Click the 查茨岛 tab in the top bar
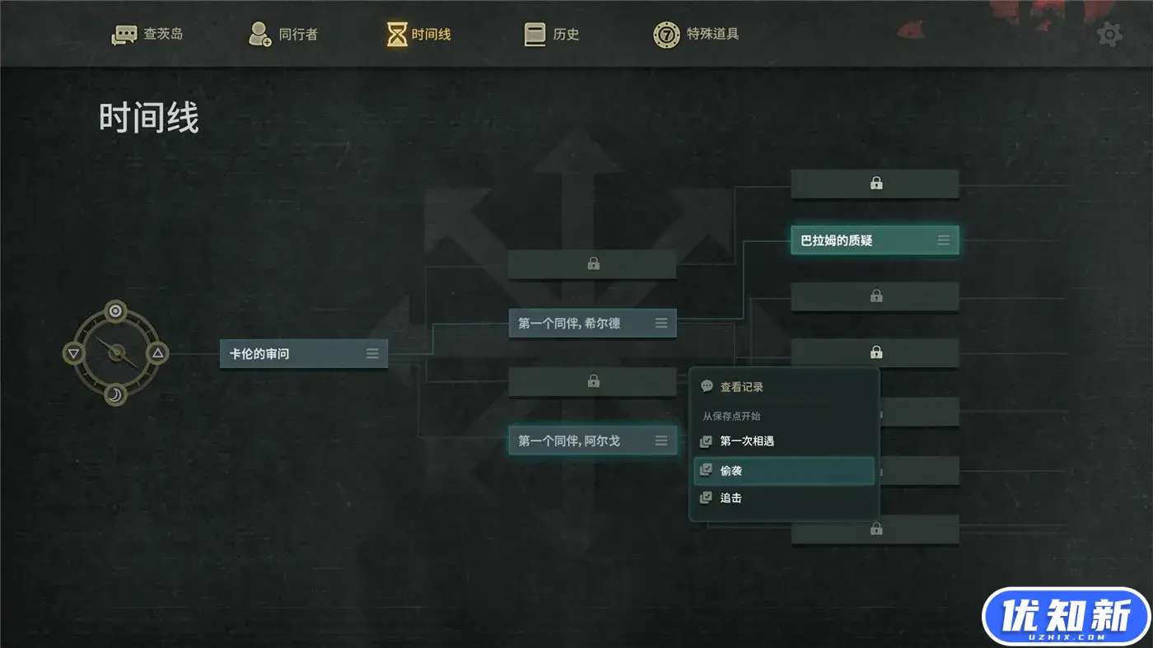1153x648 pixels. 148,35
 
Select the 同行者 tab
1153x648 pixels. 283,35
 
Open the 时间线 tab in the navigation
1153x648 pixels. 420,35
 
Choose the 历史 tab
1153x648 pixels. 553,35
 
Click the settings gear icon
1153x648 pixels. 1109,35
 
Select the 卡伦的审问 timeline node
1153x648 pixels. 292,354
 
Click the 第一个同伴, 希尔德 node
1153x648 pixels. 581,324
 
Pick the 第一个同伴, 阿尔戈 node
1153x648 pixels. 581,441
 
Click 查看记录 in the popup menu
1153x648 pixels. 741,387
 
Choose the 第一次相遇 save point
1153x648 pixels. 746,441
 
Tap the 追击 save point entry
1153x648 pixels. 731,498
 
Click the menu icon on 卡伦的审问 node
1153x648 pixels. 372,354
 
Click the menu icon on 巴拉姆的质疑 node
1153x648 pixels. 944,240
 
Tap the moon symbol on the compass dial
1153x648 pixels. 116,396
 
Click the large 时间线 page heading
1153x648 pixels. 149,118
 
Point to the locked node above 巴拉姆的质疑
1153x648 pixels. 875,184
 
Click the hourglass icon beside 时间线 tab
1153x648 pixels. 397,35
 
